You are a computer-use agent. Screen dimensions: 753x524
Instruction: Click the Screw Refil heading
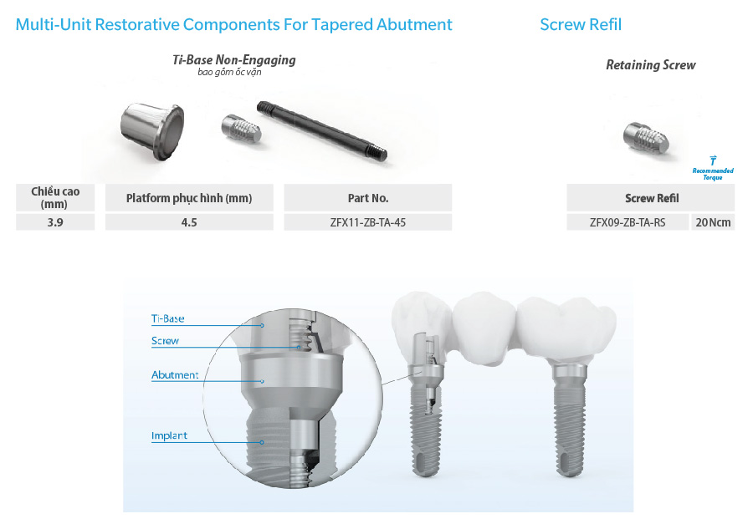pyautogui.click(x=581, y=24)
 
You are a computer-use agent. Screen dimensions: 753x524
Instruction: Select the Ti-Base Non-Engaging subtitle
pyautogui.click(x=234, y=60)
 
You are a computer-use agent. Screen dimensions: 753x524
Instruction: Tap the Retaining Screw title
pyautogui.click(x=651, y=65)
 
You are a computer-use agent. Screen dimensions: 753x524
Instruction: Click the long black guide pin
pyautogui.click(x=322, y=130)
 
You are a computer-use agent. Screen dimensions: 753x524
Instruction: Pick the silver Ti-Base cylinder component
pyautogui.click(x=152, y=131)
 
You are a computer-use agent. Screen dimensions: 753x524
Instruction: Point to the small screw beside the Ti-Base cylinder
pyautogui.click(x=241, y=129)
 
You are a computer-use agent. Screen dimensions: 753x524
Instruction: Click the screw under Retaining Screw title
pyautogui.click(x=646, y=138)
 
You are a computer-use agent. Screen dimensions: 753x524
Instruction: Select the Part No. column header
pyautogui.click(x=368, y=198)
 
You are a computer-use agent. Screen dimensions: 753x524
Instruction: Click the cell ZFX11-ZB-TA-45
pyautogui.click(x=368, y=222)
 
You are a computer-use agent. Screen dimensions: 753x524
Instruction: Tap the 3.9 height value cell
pyautogui.click(x=55, y=222)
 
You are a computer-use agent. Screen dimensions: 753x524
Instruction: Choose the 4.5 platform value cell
pyautogui.click(x=189, y=222)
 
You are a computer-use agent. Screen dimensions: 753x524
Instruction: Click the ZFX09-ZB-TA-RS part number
pyautogui.click(x=627, y=222)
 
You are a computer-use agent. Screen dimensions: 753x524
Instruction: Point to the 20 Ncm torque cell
pyautogui.click(x=713, y=222)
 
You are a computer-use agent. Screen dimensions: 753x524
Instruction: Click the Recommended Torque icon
pyautogui.click(x=713, y=168)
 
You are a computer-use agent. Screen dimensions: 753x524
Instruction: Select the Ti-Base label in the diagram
pyautogui.click(x=167, y=318)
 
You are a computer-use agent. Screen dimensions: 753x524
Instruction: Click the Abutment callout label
pyautogui.click(x=175, y=374)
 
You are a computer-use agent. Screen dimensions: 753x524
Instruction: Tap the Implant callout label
pyautogui.click(x=169, y=435)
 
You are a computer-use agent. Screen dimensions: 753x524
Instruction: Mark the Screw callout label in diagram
pyautogui.click(x=165, y=341)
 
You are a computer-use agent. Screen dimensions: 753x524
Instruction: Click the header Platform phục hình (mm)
pyautogui.click(x=189, y=198)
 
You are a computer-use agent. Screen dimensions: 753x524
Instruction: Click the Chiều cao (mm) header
pyautogui.click(x=55, y=198)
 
